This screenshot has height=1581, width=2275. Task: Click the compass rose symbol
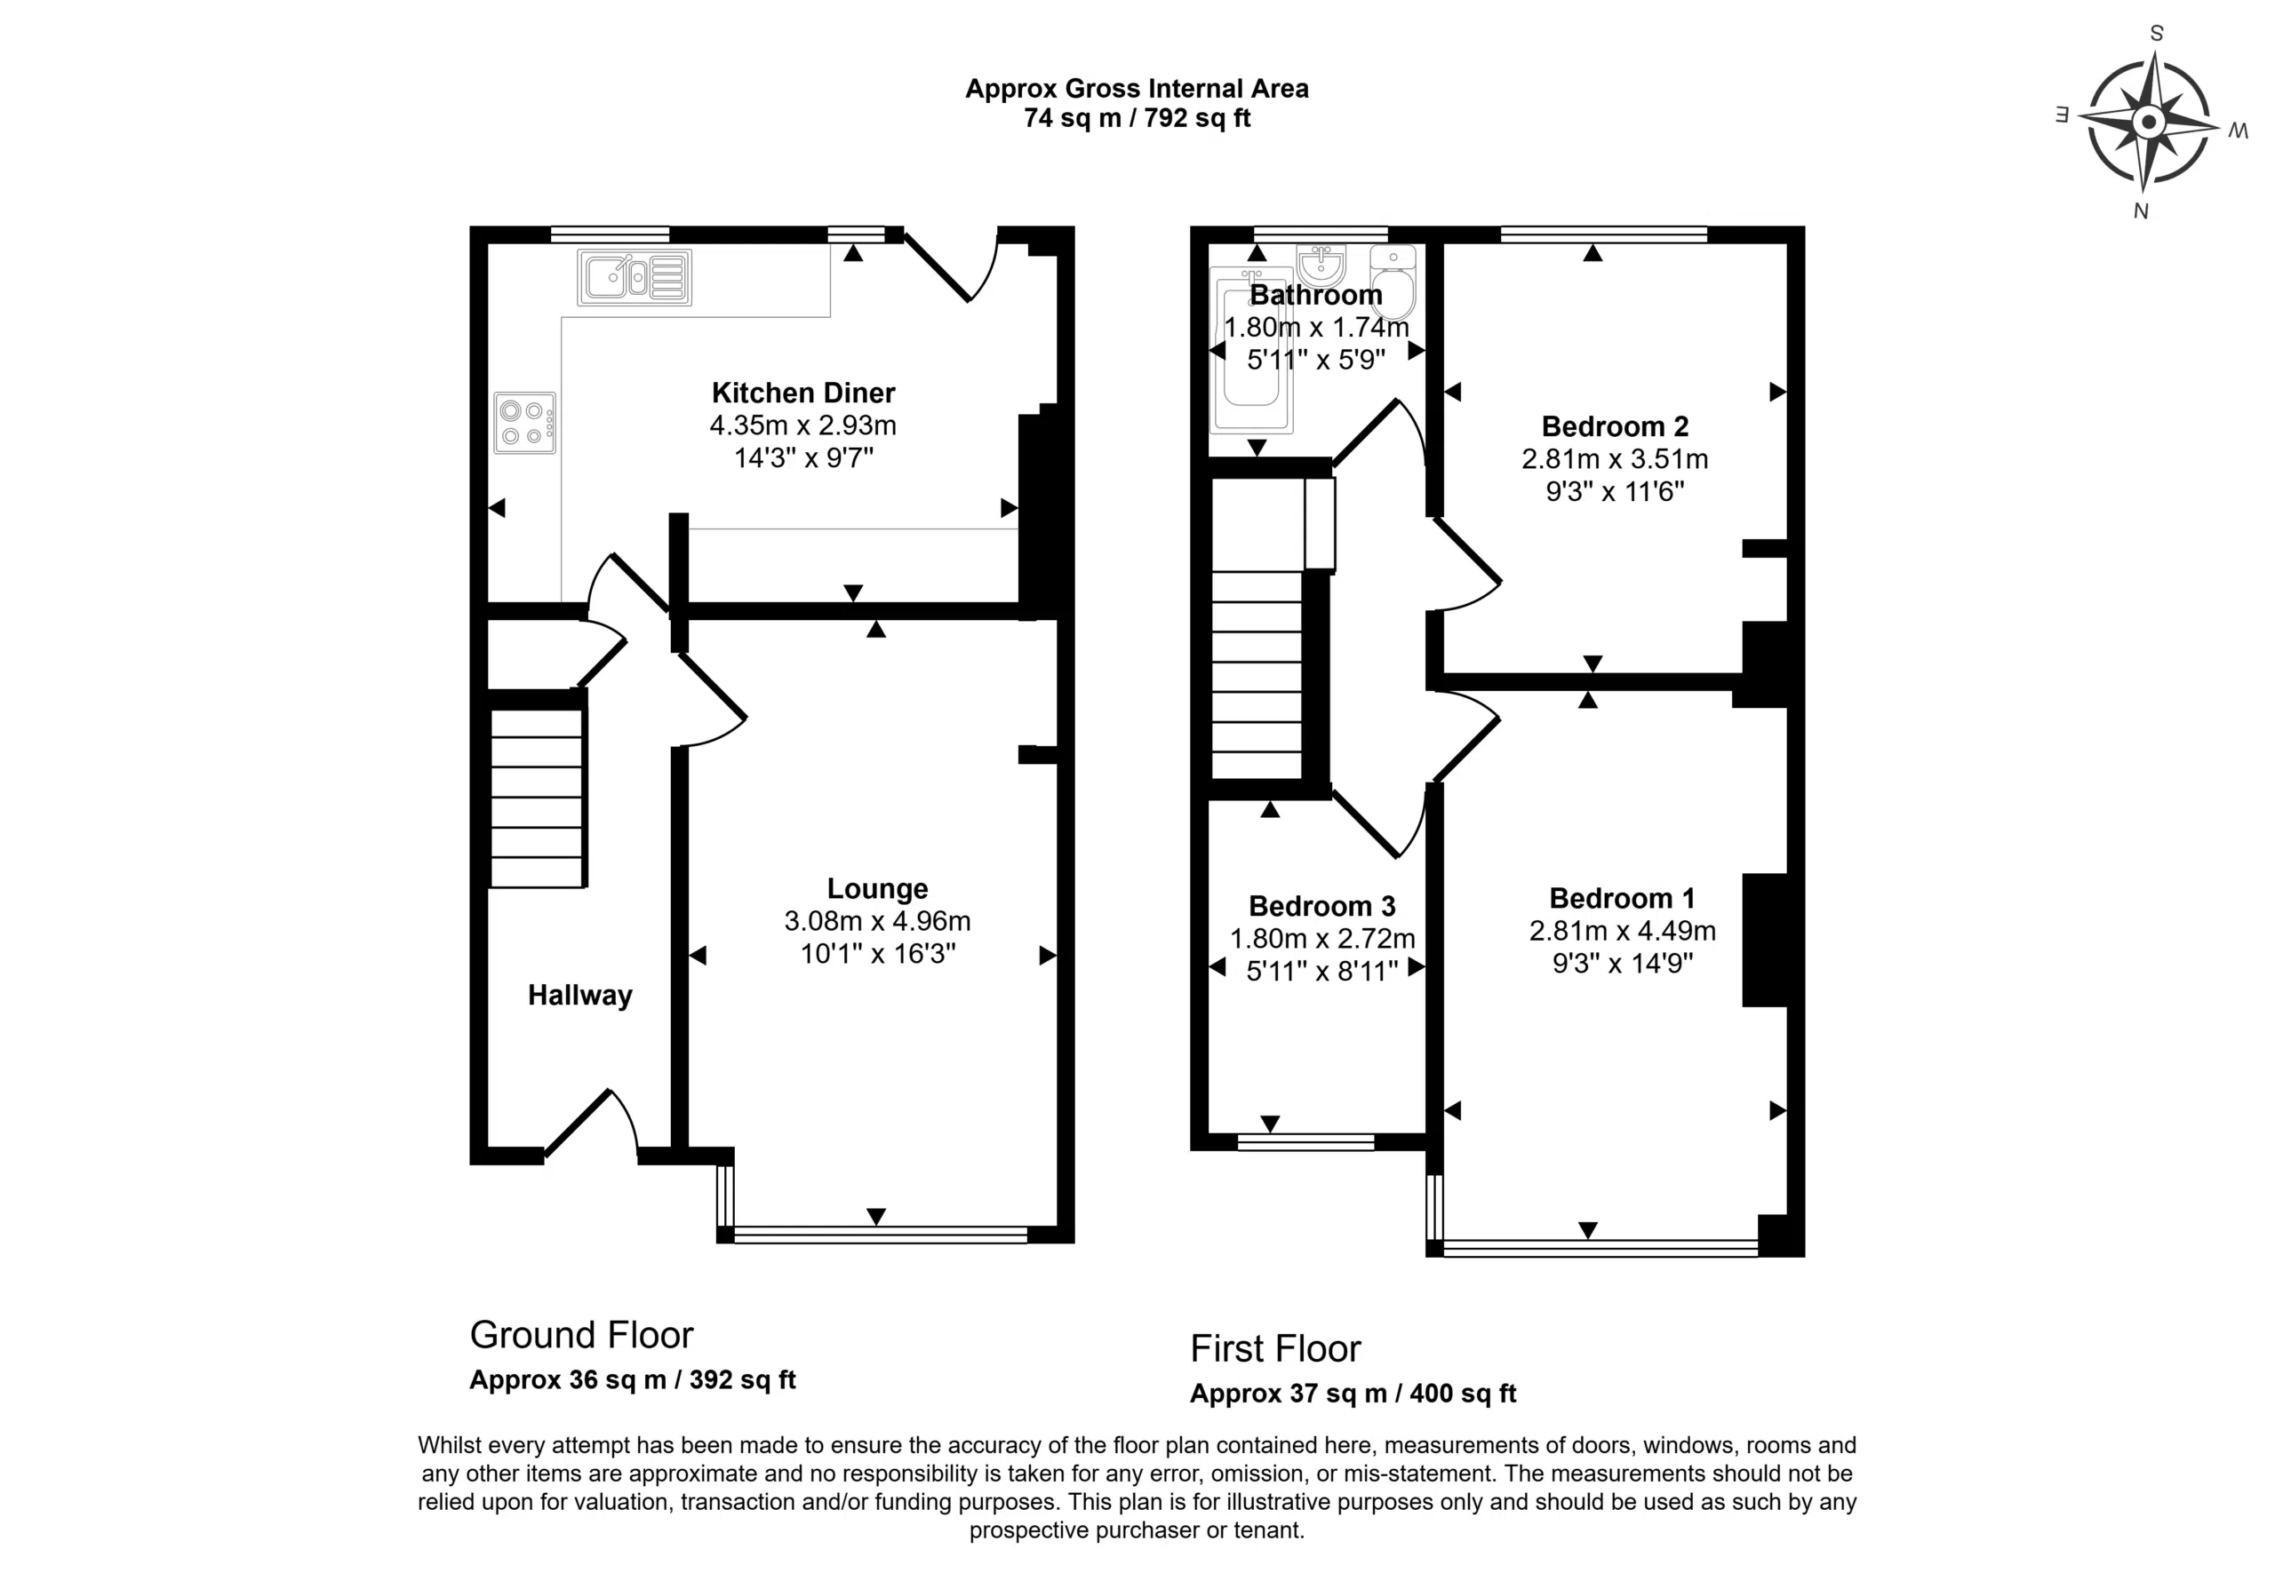2148,123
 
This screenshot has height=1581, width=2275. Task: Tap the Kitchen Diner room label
803,393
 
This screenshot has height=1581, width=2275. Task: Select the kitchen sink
635,276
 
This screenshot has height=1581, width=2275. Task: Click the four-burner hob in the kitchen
525,423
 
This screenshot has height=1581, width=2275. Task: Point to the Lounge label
878,888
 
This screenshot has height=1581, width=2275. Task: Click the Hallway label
579,996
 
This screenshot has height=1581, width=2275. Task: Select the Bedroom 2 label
1615,427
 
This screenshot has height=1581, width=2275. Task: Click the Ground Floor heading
581,1335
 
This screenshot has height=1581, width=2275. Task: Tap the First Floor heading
1275,1349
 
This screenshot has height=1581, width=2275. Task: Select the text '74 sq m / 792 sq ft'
1137,119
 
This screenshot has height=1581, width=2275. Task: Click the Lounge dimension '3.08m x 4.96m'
878,921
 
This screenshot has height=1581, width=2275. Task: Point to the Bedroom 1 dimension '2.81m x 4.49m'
1622,931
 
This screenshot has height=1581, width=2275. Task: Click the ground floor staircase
537,798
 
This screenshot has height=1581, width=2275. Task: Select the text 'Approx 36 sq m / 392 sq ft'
632,1380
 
